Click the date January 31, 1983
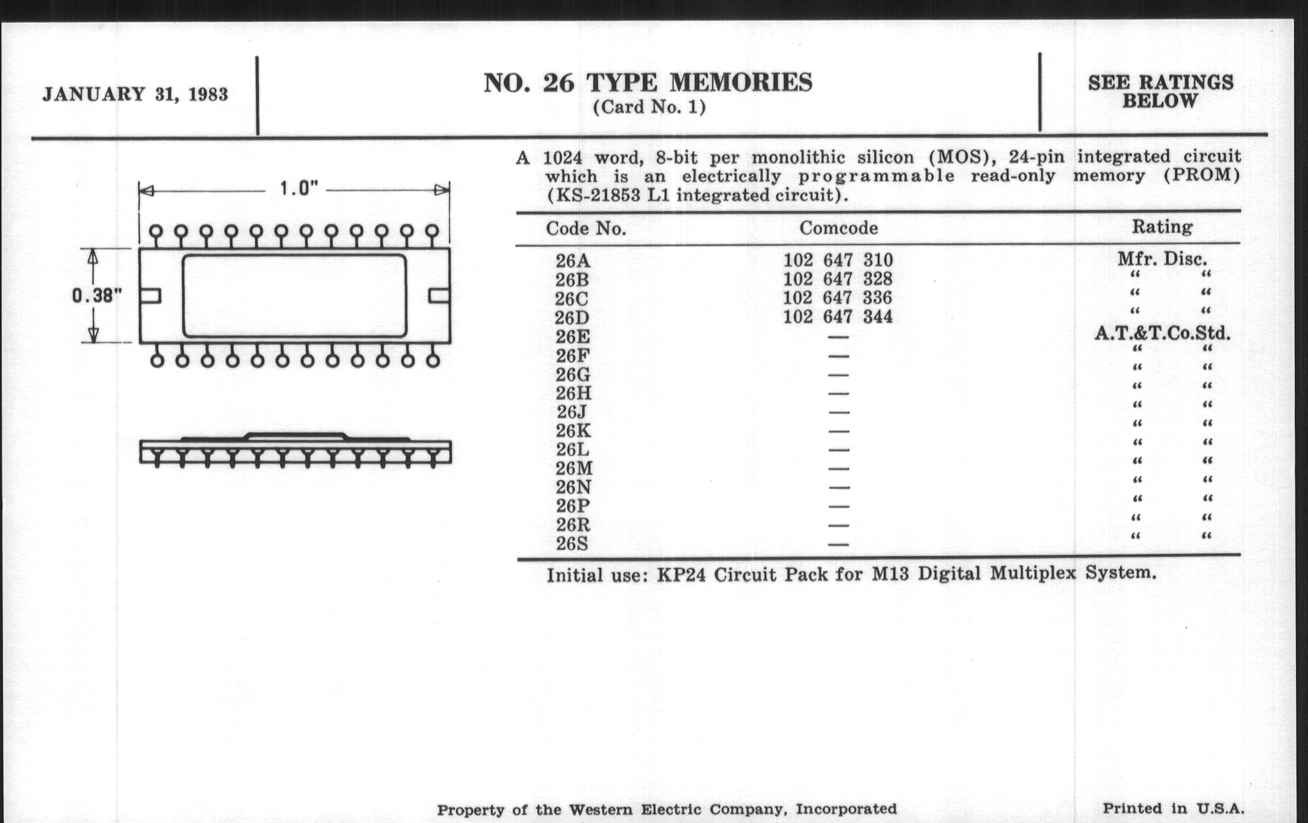pyautogui.click(x=135, y=95)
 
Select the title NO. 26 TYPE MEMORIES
pyautogui.click(x=648, y=84)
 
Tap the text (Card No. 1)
pyautogui.click(x=649, y=107)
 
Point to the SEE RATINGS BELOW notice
pyautogui.click(x=1160, y=91)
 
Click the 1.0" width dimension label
pyautogui.click(x=297, y=189)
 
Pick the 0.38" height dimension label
pyautogui.click(x=97, y=296)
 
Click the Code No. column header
pyautogui.click(x=586, y=229)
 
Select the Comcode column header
pyautogui.click(x=838, y=228)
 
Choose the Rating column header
pyautogui.click(x=1161, y=227)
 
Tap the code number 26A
pyautogui.click(x=573, y=261)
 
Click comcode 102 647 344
pyautogui.click(x=837, y=317)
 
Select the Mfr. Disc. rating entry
pyautogui.click(x=1162, y=259)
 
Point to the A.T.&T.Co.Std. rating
pyautogui.click(x=1162, y=333)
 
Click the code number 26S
pyautogui.click(x=572, y=544)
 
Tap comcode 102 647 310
pyautogui.click(x=837, y=260)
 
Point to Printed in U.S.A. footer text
pyautogui.click(x=1173, y=808)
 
